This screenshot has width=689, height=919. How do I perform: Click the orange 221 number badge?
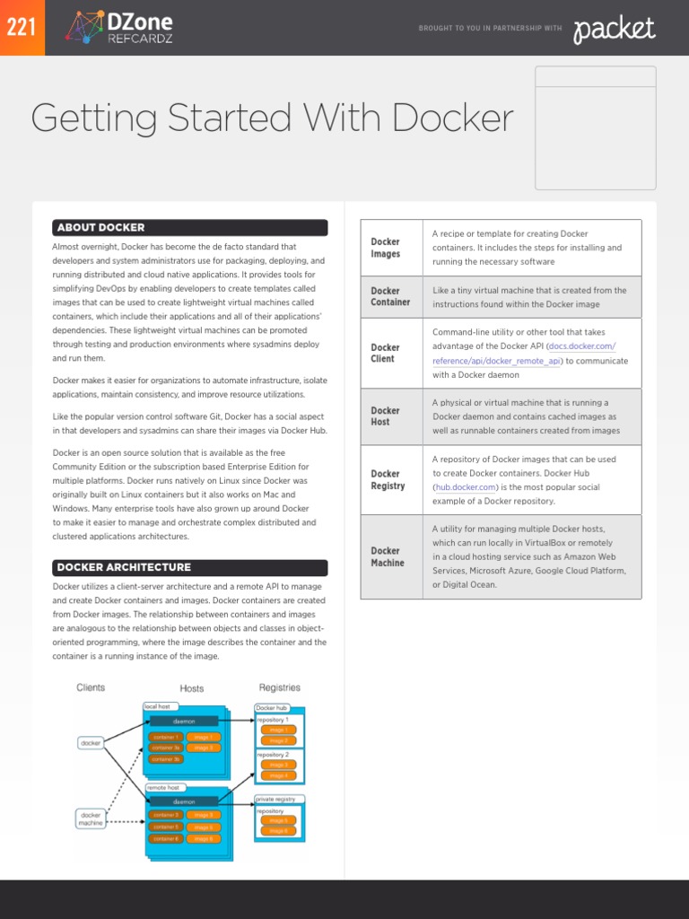pos(22,28)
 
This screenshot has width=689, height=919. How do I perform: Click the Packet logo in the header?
pos(615,30)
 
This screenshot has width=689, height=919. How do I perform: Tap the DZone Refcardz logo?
pos(120,28)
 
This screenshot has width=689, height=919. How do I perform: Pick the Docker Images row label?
pos(386,248)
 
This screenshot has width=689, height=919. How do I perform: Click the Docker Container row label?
pos(390,296)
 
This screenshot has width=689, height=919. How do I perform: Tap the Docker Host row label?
pos(386,416)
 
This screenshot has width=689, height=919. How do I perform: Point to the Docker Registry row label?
pos(388,479)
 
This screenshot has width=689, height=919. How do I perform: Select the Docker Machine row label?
pos(388,556)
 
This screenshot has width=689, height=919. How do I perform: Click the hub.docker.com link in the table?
pos(466,486)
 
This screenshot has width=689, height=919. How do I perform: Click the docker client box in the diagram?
pos(91,743)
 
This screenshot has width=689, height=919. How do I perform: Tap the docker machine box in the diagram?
pos(91,818)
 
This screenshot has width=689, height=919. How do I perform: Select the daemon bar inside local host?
pos(184,721)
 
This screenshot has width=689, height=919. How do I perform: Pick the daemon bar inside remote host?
pos(184,801)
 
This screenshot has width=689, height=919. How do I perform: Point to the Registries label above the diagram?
pos(279,687)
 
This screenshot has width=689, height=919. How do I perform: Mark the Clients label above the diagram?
pos(91,687)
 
